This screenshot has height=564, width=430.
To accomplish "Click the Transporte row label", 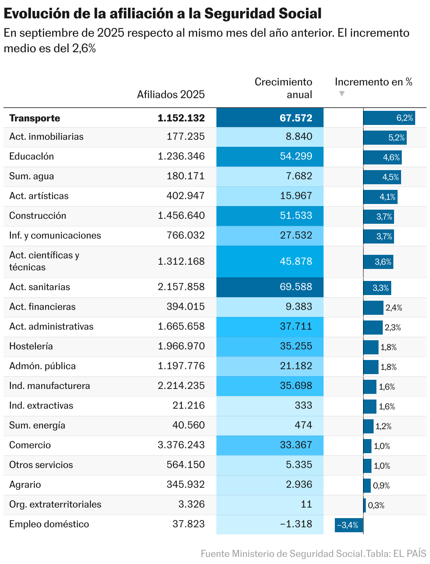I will (x=35, y=118).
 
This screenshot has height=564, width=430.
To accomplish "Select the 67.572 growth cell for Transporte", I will (x=270, y=118).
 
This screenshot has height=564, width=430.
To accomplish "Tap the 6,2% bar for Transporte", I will (x=389, y=118).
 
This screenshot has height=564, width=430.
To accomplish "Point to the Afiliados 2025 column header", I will (x=171, y=95).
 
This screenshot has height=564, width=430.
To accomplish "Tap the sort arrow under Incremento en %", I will (x=341, y=94).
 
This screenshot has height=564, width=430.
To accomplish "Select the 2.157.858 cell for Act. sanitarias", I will (x=181, y=287).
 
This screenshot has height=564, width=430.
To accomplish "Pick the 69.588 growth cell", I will (x=270, y=287).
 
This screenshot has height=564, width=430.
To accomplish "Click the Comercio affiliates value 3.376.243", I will (x=181, y=445).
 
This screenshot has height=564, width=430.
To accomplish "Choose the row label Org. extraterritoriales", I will (x=55, y=504).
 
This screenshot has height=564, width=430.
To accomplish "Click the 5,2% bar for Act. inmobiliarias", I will (x=385, y=138).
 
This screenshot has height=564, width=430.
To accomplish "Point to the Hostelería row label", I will (x=31, y=346).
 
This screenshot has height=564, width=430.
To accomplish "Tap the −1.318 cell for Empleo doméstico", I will (x=270, y=524).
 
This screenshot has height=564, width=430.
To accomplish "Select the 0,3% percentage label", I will (x=376, y=505).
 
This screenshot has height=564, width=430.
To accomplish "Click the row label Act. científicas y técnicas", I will (x=44, y=261).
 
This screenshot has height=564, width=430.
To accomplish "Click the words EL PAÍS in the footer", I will (x=410, y=553).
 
